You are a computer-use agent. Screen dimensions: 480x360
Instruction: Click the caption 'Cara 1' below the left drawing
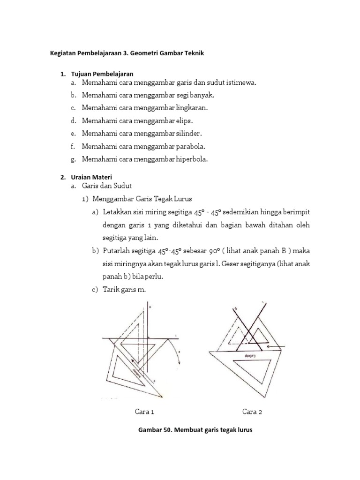tap(144, 412)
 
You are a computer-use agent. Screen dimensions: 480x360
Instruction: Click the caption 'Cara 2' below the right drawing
tap(252, 412)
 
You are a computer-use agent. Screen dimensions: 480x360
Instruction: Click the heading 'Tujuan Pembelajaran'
tap(102, 74)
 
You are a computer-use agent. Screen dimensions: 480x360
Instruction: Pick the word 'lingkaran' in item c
tap(190, 108)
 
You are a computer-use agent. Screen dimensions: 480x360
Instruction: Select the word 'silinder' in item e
tap(185, 134)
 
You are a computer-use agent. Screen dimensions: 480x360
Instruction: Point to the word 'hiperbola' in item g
tap(190, 159)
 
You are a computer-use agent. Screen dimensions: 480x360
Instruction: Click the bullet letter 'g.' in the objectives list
tap(74, 159)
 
